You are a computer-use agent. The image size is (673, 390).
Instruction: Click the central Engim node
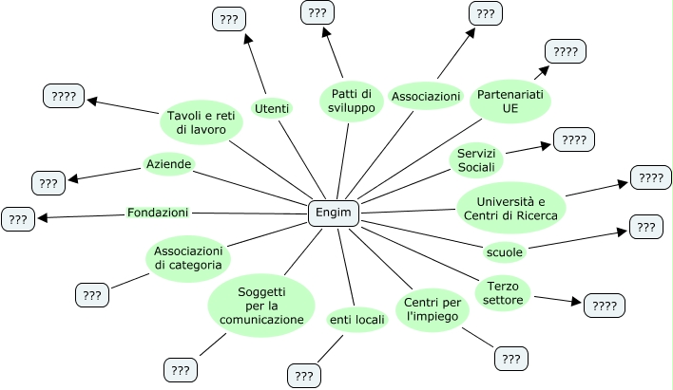coord(333,214)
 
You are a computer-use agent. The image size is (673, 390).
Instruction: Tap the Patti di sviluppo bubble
coord(351,100)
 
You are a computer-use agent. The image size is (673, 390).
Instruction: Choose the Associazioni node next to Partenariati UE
coord(426,97)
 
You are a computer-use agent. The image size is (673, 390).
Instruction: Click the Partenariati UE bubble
coord(510,100)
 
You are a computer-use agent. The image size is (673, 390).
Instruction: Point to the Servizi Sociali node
coord(476,160)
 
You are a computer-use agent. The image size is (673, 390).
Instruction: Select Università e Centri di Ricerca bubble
coord(511,208)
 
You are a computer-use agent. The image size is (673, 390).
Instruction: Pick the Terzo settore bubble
coord(503,293)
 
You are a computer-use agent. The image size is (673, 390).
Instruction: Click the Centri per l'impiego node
coord(433,309)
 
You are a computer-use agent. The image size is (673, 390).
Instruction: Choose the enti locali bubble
coord(356,321)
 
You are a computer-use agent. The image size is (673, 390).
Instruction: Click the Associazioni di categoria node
coord(188,257)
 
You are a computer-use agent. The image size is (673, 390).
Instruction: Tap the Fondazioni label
coord(158,213)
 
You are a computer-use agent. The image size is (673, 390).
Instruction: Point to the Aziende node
coord(168,164)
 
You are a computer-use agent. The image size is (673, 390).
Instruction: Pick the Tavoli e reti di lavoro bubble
coord(202,121)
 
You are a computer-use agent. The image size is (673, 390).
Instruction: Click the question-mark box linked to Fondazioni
coord(18,219)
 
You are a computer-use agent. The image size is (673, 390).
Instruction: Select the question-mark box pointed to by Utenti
coord(228,19)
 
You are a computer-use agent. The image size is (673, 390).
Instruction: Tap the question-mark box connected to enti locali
coord(304,376)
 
